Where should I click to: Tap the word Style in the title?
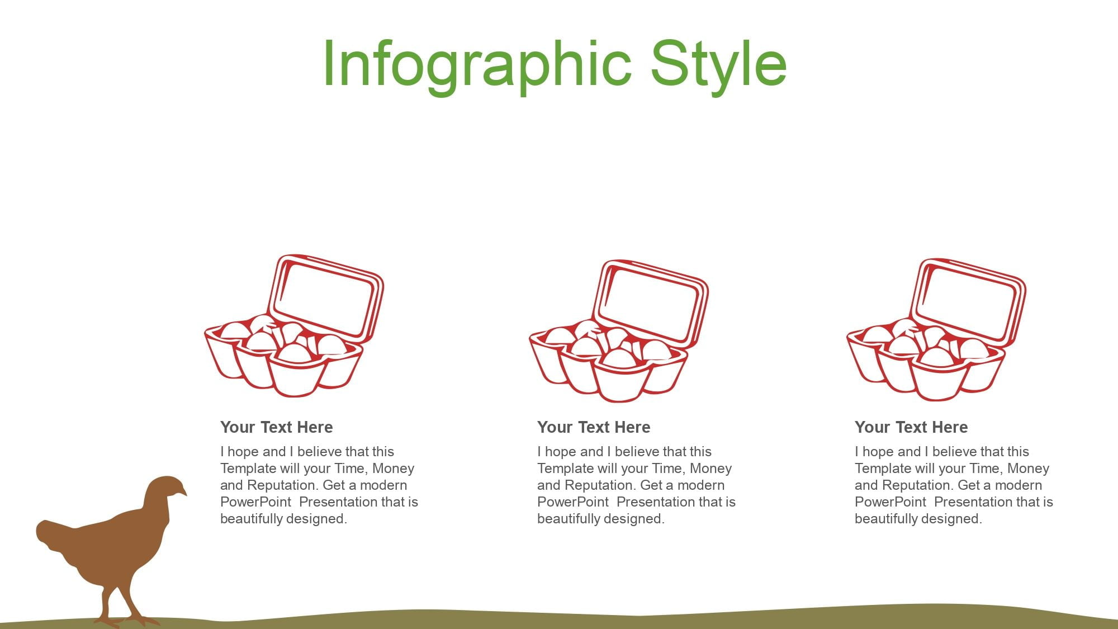[x=719, y=66]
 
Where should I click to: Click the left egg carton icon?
[x=294, y=326]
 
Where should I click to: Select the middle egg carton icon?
[x=619, y=331]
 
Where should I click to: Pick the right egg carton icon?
[x=936, y=330]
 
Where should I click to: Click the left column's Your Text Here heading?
[x=276, y=427]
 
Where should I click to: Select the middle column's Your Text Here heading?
[x=594, y=427]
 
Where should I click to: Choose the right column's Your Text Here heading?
[x=911, y=427]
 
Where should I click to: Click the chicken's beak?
[x=183, y=493]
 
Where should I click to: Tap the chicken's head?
[x=166, y=489]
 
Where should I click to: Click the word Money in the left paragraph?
[x=393, y=469]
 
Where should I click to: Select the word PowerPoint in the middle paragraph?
[x=573, y=502]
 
